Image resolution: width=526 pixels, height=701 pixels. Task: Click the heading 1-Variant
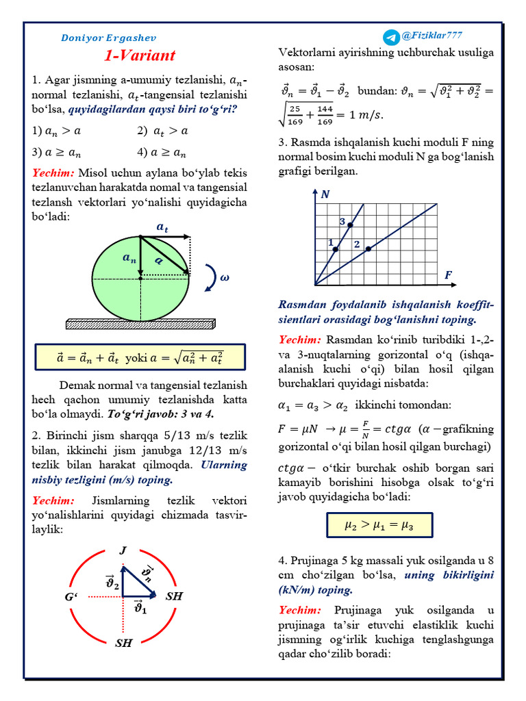140,55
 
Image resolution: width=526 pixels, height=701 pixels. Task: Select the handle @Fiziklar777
432,36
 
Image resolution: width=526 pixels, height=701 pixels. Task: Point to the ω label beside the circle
224,278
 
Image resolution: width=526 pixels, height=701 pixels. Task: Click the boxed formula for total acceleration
140,357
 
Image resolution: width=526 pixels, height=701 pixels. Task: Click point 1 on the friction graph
335,249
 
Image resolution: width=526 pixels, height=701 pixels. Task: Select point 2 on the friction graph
368,248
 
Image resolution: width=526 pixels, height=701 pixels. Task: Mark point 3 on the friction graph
351,225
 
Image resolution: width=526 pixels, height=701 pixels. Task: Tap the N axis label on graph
325,194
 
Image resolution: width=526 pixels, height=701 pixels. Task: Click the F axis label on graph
449,275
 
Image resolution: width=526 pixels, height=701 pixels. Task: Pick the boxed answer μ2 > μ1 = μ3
379,525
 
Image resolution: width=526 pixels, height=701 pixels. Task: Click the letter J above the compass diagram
123,550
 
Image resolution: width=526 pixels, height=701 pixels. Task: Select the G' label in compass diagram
73,598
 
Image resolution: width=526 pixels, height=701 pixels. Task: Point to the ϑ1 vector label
140,607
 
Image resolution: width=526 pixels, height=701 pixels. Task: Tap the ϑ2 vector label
112,583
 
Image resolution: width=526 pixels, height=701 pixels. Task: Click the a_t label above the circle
162,227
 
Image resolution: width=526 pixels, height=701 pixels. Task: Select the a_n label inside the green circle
129,258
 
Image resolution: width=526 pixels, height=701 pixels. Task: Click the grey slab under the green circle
140,322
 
